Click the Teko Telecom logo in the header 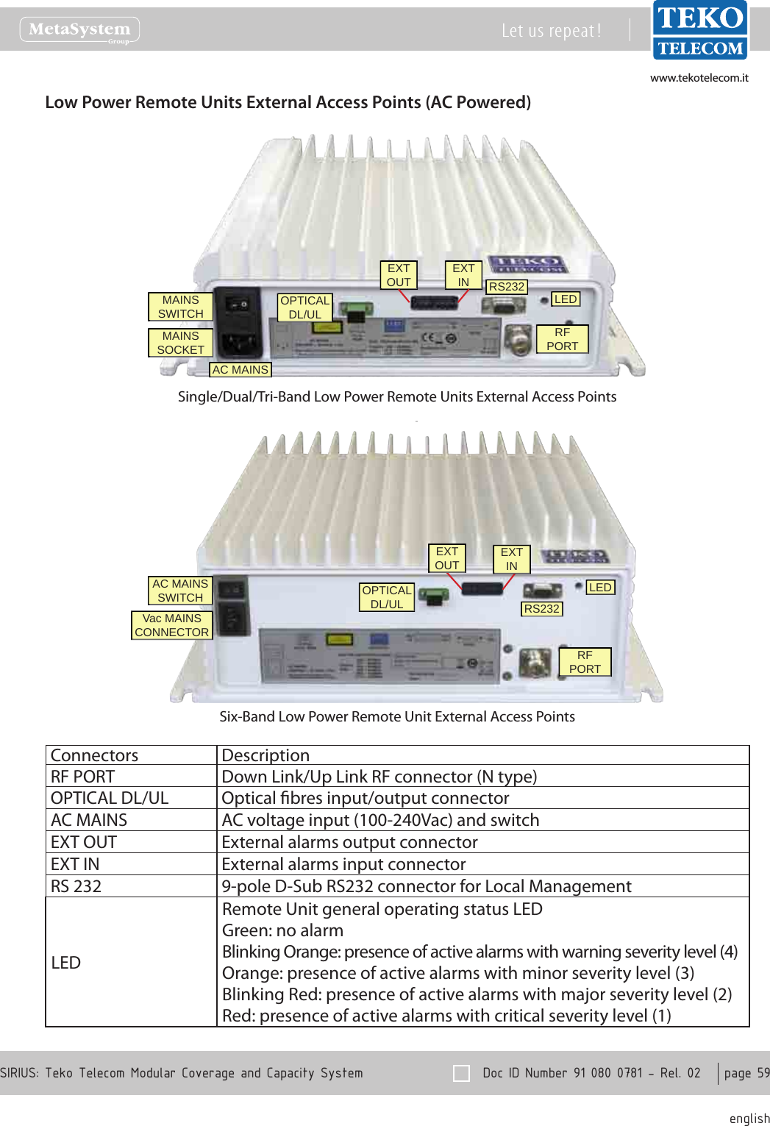[699, 30]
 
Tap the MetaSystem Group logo [79, 30]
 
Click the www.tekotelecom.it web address [699, 78]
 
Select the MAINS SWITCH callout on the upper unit [180, 307]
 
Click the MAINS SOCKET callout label [180, 343]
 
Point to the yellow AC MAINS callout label [240, 370]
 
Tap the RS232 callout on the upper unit [507, 287]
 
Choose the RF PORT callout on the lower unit [585, 662]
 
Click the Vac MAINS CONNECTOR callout [172, 625]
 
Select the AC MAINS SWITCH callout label [180, 591]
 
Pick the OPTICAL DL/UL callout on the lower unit [387, 597]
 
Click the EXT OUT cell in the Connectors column [84, 842]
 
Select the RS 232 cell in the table [76, 886]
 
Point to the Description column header [265, 755]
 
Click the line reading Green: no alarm [282, 930]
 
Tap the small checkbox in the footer [462, 1073]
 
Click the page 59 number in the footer [746, 1073]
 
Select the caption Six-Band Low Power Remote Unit [397, 716]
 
